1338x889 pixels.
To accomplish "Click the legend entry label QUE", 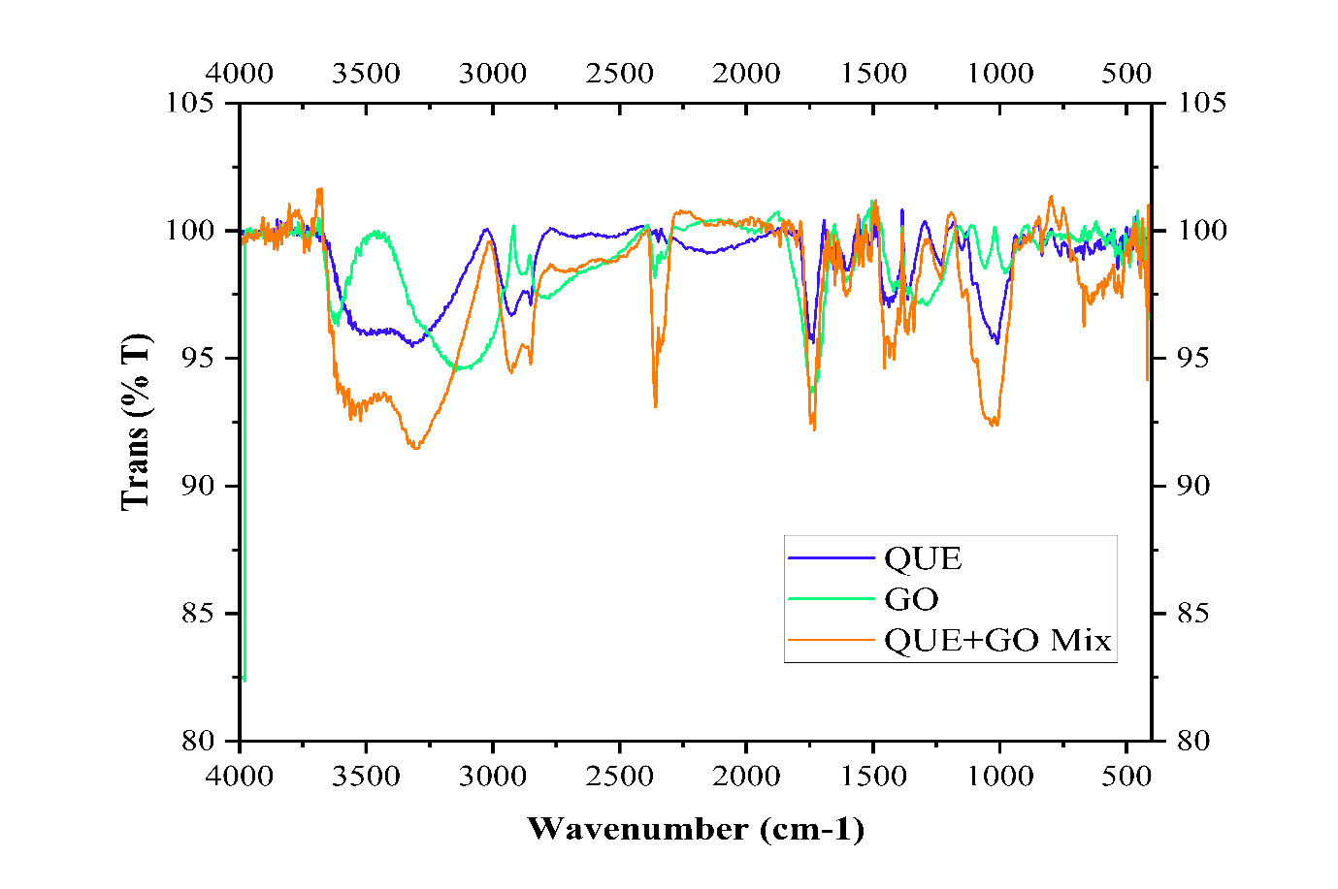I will point(923,558).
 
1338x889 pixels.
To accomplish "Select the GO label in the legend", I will point(911,599).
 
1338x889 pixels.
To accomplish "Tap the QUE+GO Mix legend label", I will point(997,641).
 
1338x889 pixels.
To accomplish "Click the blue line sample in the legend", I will point(832,557).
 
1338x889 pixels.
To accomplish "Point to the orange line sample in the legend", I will point(832,640).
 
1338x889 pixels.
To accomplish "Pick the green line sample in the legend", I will point(832,598).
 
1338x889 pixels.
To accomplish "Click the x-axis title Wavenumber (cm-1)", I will point(696,829).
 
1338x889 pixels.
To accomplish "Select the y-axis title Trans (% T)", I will point(136,421).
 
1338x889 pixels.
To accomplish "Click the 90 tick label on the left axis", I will point(200,486).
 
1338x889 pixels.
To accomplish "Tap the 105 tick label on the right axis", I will point(1202,103).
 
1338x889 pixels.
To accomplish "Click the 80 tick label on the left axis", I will point(200,741).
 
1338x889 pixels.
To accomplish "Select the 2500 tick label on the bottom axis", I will point(620,777).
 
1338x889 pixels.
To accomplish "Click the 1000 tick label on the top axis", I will point(1000,74).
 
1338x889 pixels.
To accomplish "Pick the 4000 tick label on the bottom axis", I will point(240,777).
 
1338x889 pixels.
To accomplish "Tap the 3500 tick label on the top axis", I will point(366,74).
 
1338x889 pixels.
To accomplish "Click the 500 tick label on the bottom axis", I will point(1126,777).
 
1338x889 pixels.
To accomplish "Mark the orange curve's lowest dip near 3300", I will point(416,448).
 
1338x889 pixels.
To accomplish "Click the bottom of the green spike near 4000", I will point(245,681).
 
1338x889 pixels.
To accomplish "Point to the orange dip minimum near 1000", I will point(994,425).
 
